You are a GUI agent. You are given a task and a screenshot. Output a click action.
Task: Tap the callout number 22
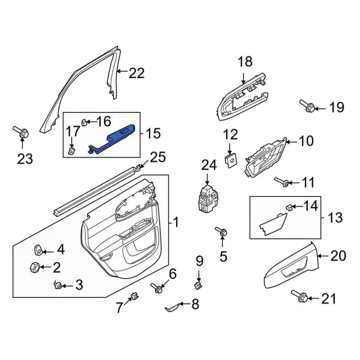tap(137, 73)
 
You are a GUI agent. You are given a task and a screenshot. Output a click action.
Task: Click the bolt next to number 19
tap(307, 106)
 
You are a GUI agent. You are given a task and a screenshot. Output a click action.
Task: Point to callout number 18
tap(245, 62)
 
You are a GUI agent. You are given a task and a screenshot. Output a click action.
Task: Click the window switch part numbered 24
tap(206, 198)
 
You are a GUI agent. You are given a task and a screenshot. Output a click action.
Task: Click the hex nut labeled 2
tap(33, 267)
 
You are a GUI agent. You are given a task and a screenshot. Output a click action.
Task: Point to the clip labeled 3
tap(57, 285)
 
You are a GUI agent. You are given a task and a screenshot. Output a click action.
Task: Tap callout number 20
tap(337, 256)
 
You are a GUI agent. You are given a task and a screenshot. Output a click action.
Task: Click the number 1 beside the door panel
tap(175, 223)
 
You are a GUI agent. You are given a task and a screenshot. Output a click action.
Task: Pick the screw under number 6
tap(156, 288)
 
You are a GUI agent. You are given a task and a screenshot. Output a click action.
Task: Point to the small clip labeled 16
tap(84, 121)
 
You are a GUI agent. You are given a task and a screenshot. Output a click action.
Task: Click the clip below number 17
tap(72, 150)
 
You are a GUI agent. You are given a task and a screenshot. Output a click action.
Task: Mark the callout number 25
tap(158, 157)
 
